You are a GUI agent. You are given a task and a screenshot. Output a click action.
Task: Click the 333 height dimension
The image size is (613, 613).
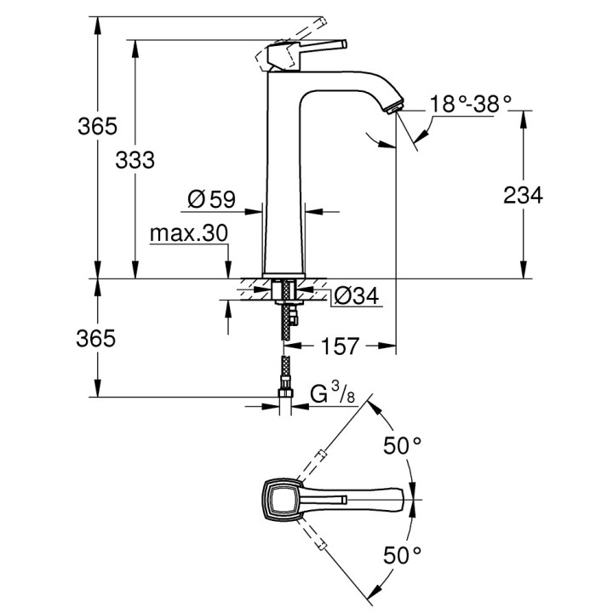[x=137, y=159]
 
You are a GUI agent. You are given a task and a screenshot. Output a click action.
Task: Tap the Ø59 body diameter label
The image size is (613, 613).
[x=210, y=200]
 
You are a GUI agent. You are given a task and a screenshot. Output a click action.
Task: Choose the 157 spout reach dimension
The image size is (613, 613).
[x=339, y=346]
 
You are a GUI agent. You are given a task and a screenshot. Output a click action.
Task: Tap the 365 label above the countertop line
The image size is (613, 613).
[x=96, y=127]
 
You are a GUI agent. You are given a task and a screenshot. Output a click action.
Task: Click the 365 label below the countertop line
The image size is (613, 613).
[x=96, y=338]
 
